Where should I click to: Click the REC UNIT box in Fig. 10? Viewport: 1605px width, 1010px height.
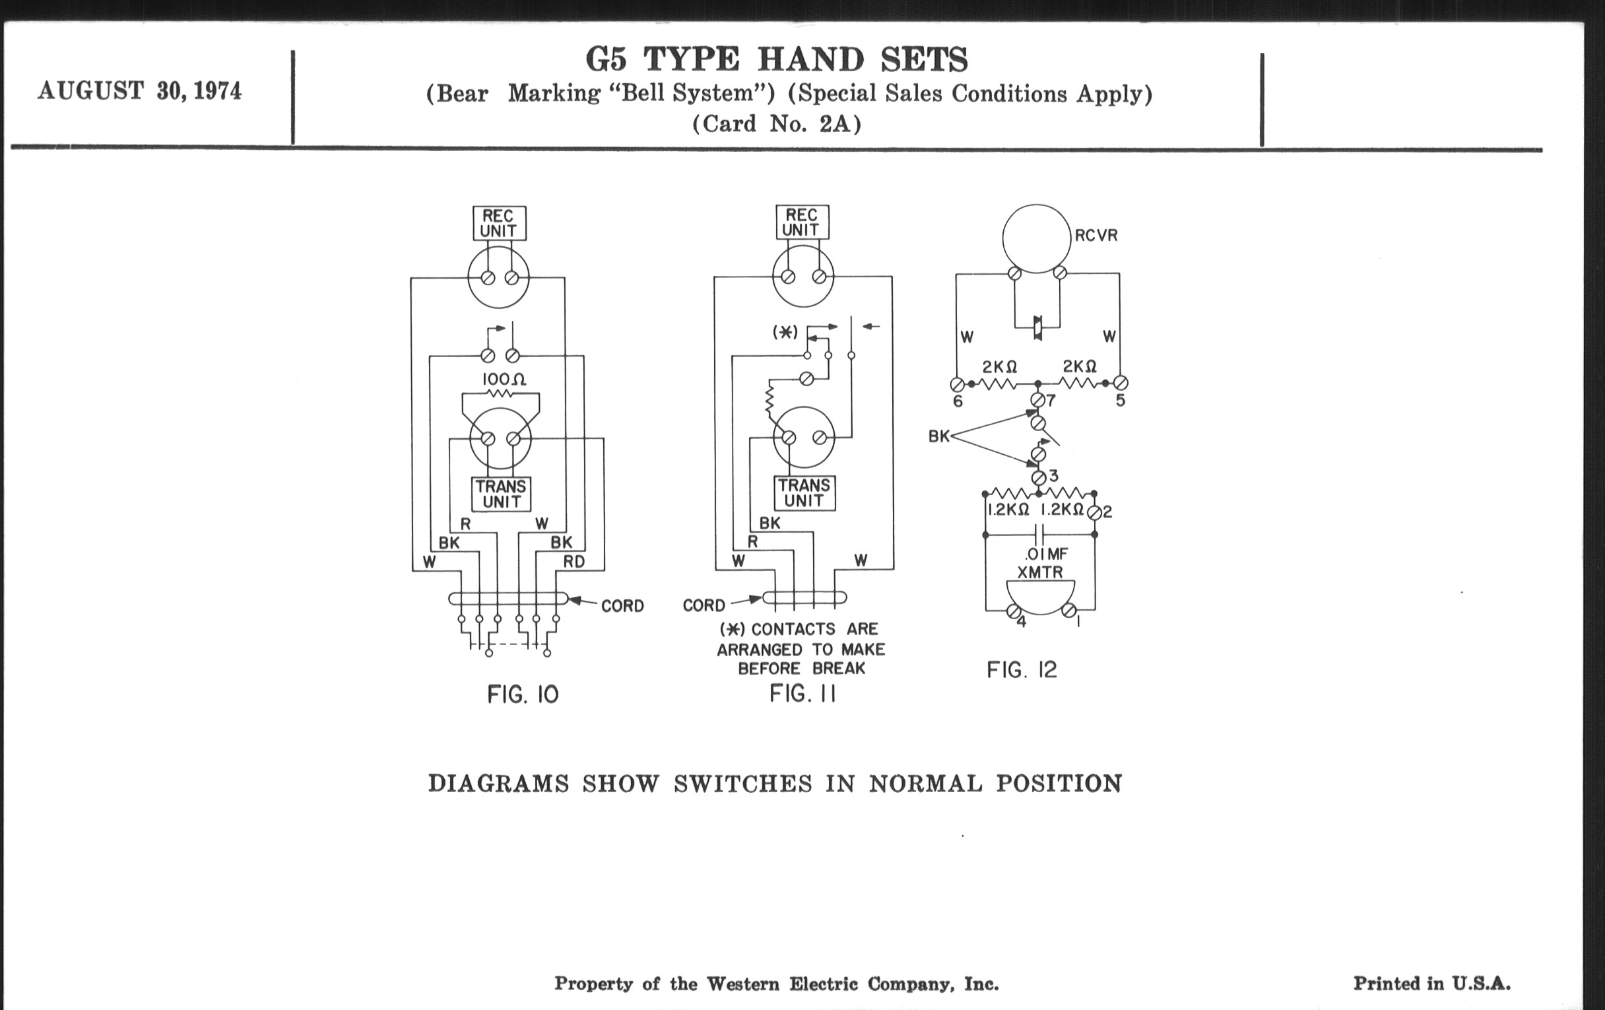[499, 223]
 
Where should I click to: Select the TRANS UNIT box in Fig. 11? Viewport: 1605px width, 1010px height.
[804, 493]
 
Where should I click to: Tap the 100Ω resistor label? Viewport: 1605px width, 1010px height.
[504, 380]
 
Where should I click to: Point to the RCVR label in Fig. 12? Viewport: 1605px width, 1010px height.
[1096, 235]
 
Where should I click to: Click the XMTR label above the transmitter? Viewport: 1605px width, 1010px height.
[1040, 572]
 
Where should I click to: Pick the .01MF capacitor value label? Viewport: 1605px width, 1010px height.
[1046, 554]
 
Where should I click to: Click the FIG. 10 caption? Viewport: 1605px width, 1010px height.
[523, 694]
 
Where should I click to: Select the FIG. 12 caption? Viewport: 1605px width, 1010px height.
[1022, 669]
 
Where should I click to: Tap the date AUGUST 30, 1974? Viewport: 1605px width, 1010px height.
[139, 90]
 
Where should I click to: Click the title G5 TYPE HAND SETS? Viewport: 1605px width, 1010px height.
[777, 59]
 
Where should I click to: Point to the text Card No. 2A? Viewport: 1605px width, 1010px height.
[777, 124]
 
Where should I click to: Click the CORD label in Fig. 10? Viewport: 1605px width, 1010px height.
[622, 606]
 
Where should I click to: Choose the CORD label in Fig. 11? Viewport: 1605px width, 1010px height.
[704, 605]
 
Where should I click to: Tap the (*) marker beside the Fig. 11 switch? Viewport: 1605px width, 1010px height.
[785, 332]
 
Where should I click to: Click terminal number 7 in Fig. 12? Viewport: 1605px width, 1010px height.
[1051, 401]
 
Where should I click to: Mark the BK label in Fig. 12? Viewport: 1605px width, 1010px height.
[938, 436]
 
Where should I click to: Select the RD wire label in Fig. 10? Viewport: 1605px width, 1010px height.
[574, 561]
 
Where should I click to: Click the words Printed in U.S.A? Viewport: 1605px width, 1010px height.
[1431, 984]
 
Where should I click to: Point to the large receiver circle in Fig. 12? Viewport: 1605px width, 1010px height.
[1035, 238]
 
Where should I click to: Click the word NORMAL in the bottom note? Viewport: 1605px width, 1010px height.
[925, 784]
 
